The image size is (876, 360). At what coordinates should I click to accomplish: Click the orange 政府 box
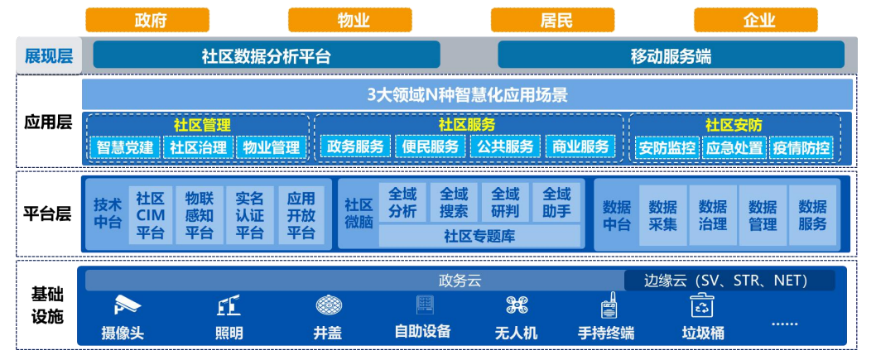[147, 20]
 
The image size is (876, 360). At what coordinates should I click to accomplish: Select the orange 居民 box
[552, 20]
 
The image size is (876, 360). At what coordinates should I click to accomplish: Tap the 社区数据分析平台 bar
[267, 55]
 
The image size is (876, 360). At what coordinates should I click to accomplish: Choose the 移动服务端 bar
[671, 55]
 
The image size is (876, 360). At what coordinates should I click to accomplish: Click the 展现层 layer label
[49, 55]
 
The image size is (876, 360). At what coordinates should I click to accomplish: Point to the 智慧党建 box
[124, 147]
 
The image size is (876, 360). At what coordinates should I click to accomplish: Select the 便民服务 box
[431, 146]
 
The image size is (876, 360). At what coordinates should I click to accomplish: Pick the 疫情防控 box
[801, 148]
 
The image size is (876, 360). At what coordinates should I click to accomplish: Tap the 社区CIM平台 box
[151, 215]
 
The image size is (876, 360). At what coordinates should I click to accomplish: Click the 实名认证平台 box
[249, 215]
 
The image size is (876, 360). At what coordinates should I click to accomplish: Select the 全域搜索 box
[454, 203]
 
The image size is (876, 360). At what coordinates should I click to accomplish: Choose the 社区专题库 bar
[479, 236]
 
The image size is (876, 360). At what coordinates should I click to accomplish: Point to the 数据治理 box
[712, 215]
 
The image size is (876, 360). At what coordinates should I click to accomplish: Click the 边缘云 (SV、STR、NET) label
[729, 281]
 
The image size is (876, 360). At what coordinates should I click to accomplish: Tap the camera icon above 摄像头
[128, 305]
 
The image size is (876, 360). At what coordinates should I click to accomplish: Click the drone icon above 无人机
[517, 305]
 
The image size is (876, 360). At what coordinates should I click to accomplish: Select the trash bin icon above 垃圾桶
[702, 305]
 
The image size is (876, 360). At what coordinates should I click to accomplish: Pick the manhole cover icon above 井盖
[329, 305]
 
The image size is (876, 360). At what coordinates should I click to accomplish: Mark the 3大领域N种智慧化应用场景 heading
[467, 94]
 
